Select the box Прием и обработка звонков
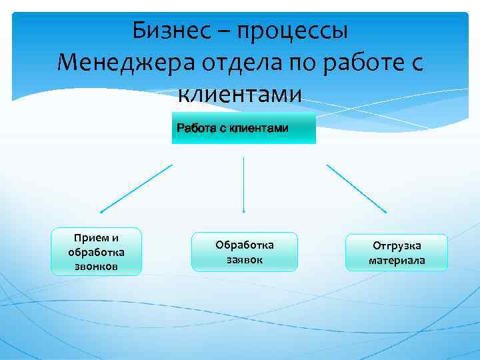click(x=97, y=252)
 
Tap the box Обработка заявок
click(x=244, y=252)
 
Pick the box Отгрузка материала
click(x=396, y=253)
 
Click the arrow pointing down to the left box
click(x=136, y=189)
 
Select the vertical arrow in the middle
click(x=243, y=185)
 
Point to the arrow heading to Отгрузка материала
click(x=357, y=189)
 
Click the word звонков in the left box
click(x=97, y=266)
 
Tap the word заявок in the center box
click(x=245, y=259)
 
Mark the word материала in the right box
click(x=397, y=260)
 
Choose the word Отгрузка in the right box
click(x=397, y=245)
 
